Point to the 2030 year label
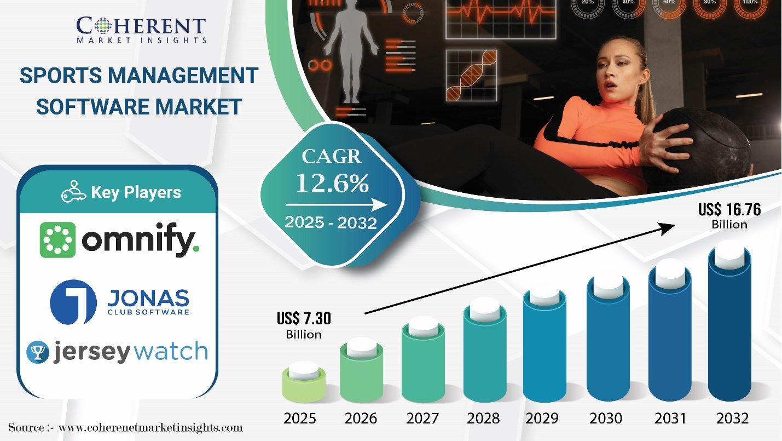pyautogui.click(x=606, y=419)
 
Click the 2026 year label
pyautogui.click(x=361, y=419)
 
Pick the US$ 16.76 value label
pyautogui.click(x=729, y=210)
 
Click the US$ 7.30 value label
pyautogui.click(x=304, y=318)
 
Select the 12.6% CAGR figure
pyautogui.click(x=332, y=184)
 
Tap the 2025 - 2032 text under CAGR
pyautogui.click(x=331, y=222)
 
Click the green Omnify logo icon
pyautogui.click(x=57, y=240)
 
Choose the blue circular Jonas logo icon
pyautogui.click(x=73, y=302)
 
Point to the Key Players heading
pyautogui.click(x=136, y=192)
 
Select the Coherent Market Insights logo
pyautogui.click(x=141, y=28)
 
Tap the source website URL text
pyautogui.click(x=150, y=427)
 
